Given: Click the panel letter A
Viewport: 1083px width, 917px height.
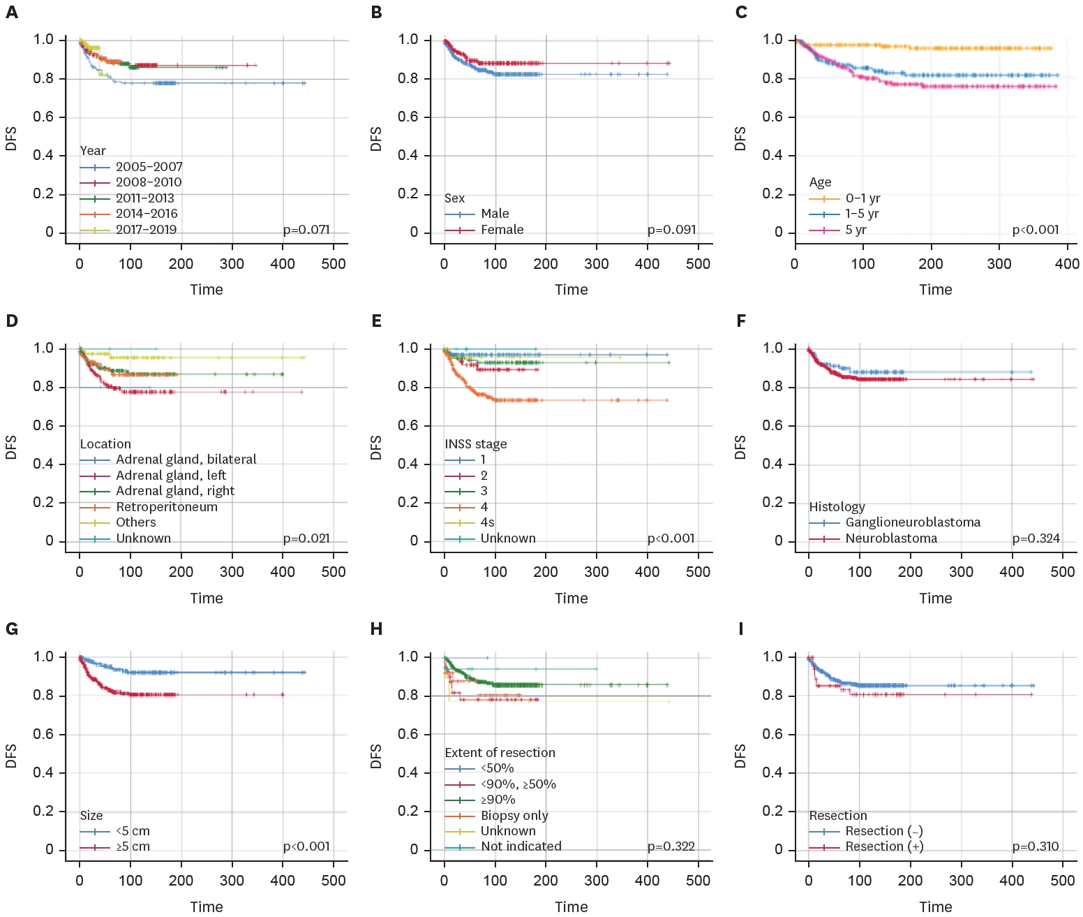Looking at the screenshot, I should [12, 13].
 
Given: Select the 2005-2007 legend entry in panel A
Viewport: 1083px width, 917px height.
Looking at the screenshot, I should [149, 167].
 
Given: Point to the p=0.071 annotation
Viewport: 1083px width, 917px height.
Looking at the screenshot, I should [306, 230].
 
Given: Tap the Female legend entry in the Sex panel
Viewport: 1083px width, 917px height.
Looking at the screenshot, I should [502, 230].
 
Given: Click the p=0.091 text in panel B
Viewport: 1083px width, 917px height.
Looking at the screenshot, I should [671, 230].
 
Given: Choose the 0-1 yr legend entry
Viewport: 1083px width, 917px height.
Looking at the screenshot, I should [862, 198].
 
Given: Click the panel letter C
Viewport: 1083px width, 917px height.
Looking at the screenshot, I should [741, 13].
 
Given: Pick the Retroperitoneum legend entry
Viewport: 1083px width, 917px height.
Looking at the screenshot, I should [167, 507].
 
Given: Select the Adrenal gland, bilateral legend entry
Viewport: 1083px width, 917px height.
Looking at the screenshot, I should [186, 460].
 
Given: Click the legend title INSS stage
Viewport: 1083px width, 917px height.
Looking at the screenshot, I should [476, 444].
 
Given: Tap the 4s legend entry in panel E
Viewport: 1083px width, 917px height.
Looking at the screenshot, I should [487, 522].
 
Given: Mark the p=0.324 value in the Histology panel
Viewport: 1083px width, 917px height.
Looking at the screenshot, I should [1036, 538].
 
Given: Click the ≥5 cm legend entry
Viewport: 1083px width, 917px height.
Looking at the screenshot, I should [133, 846].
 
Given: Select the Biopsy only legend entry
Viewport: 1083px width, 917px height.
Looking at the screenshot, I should [514, 816].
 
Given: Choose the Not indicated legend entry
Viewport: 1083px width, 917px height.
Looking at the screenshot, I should [521, 846].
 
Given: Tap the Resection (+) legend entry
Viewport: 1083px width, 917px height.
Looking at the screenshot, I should [884, 846].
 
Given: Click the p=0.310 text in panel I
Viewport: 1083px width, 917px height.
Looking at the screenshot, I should [1036, 846].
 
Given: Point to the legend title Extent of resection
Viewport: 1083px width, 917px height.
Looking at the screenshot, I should [500, 753].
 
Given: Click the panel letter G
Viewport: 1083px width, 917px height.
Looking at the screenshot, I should [12, 629].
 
